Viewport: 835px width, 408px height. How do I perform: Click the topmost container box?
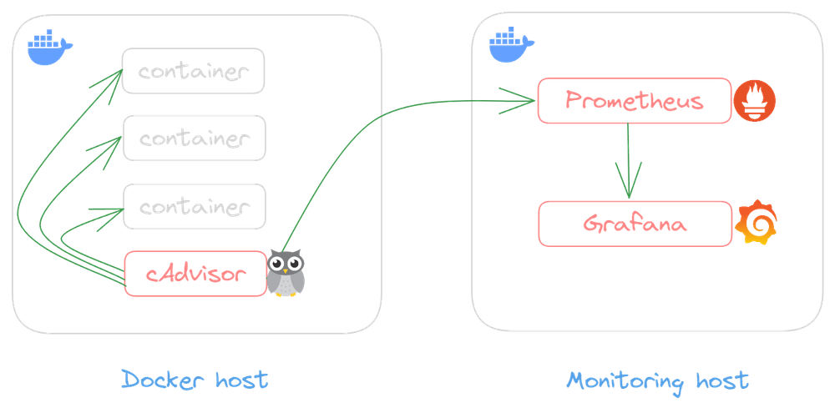point(194,71)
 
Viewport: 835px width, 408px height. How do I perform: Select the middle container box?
point(194,138)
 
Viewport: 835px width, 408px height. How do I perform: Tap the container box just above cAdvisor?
point(194,205)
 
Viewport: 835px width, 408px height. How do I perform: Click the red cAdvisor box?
point(194,273)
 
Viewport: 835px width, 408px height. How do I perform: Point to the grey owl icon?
point(286,272)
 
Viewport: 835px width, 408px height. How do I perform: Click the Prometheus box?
point(633,102)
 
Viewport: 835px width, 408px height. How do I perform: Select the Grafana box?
point(633,224)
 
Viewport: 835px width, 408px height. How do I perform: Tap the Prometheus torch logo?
point(756,102)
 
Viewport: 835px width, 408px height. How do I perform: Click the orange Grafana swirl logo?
point(756,223)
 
